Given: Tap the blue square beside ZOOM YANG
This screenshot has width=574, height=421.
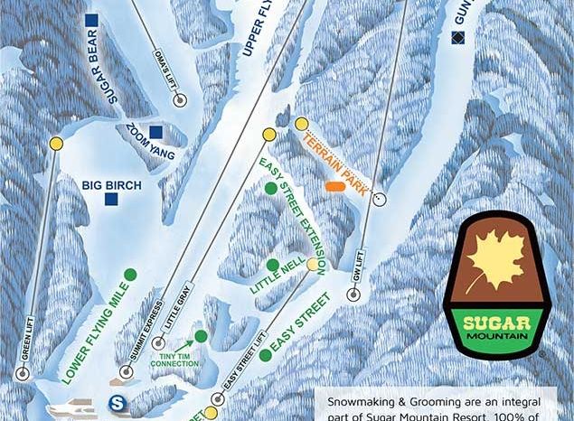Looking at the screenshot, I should tap(156, 131).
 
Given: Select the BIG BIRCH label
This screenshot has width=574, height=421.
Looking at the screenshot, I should tap(111, 185).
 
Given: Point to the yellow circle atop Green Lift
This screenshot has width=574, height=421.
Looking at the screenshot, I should tap(56, 143).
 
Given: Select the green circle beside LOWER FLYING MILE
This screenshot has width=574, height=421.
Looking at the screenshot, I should tap(130, 273).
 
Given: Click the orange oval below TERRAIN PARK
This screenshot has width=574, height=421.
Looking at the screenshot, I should tap(335, 187).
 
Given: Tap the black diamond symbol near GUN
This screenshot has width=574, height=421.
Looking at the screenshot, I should tap(457, 37).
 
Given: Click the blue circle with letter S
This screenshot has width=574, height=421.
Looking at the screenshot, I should tap(116, 403).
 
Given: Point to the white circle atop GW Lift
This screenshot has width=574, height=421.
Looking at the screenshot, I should tap(379, 197).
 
